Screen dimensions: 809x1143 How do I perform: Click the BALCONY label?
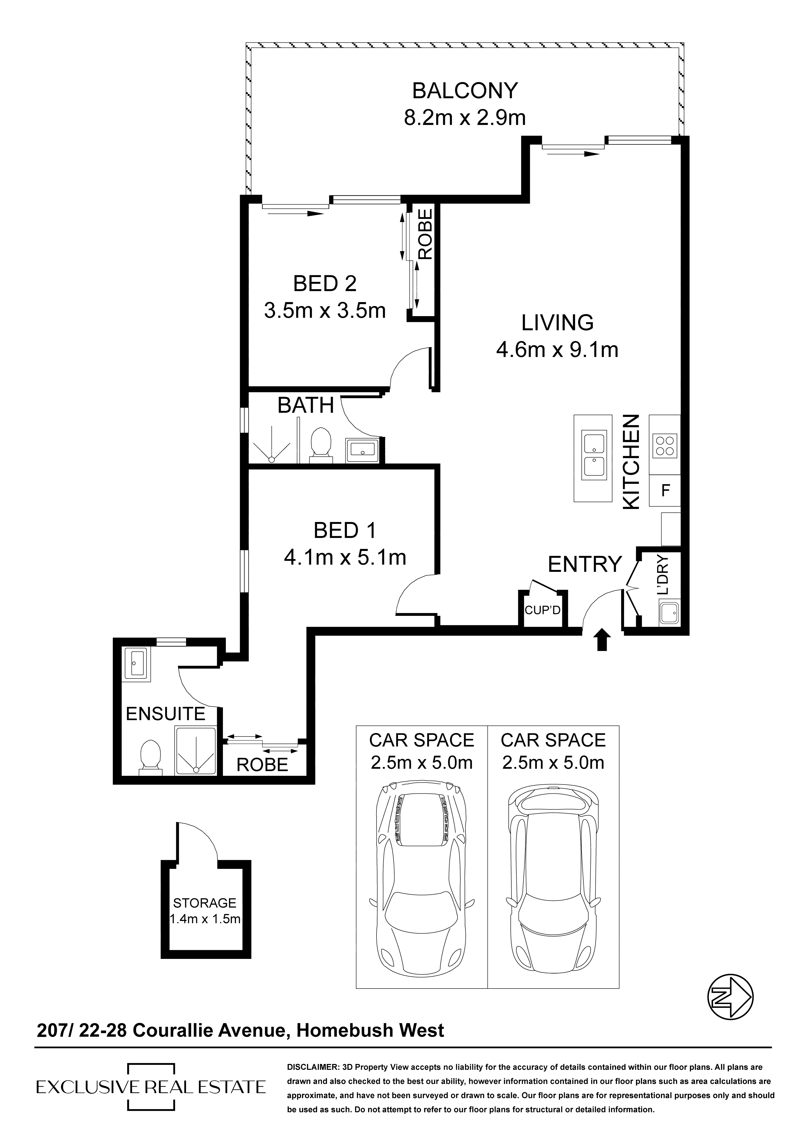465,91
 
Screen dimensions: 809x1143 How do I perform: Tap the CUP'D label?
543,610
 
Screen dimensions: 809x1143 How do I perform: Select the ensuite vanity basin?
135,663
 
